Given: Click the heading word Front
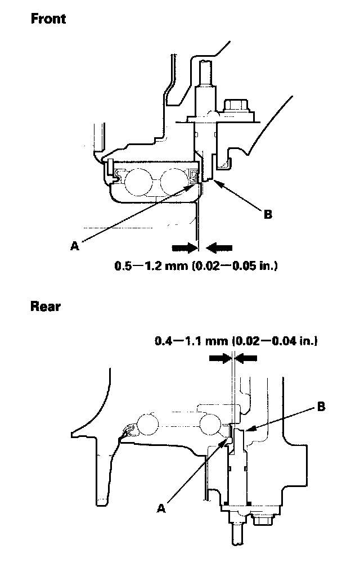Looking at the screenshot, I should [48, 19].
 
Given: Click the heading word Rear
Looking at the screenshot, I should [46, 307].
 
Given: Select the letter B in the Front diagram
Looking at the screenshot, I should [268, 214].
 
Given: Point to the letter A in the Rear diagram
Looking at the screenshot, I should [162, 508].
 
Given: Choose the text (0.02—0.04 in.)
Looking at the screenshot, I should [274, 340].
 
